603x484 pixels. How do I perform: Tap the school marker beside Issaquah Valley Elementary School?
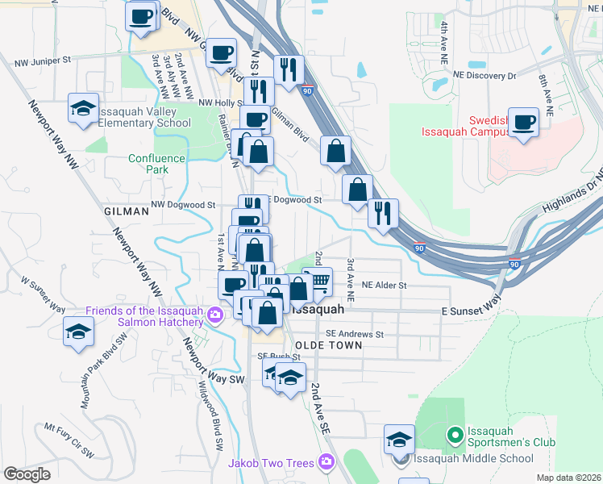pos(81,111)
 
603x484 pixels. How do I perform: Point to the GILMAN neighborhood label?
pos(127,211)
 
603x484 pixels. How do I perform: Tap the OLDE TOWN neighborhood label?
pos(328,345)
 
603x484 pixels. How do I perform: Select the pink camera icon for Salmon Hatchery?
pos(214,313)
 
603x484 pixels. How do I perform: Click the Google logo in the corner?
pos(27,474)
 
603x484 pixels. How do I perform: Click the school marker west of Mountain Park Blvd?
pos(79,332)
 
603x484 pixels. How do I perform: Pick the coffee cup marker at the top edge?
pos(142,17)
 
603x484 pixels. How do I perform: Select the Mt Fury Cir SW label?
pos(69,442)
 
